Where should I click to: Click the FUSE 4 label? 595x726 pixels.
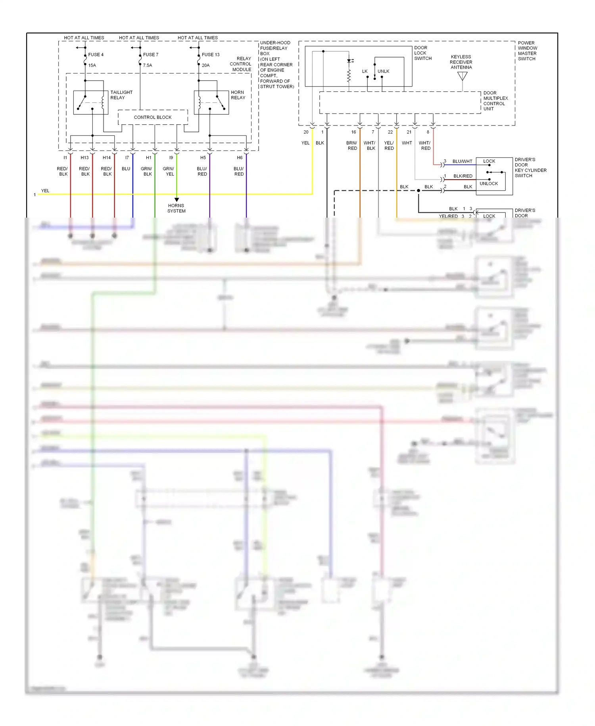[96, 55]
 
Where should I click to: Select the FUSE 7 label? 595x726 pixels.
[150, 55]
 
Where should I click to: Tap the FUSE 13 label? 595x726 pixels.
[210, 55]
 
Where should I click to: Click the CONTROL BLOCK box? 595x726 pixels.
[153, 117]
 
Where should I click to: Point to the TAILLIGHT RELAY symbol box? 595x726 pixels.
[91, 102]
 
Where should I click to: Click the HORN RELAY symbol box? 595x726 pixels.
[211, 102]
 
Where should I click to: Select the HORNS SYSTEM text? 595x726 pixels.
[176, 209]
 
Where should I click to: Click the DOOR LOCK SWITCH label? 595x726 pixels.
[423, 53]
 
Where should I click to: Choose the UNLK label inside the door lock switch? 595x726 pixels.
[383, 71]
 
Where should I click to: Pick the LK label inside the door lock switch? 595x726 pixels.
[365, 71]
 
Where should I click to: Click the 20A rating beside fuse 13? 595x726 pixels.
[205, 66]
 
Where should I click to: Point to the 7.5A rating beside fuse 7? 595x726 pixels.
[147, 66]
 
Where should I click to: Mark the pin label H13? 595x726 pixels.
[84, 158]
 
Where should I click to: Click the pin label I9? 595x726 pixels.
[171, 158]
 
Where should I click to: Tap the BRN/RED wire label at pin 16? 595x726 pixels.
[352, 145]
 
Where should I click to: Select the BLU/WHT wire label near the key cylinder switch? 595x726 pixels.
[462, 161]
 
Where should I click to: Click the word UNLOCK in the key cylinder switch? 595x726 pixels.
[489, 183]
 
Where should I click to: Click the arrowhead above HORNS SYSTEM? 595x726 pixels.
[177, 199]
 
